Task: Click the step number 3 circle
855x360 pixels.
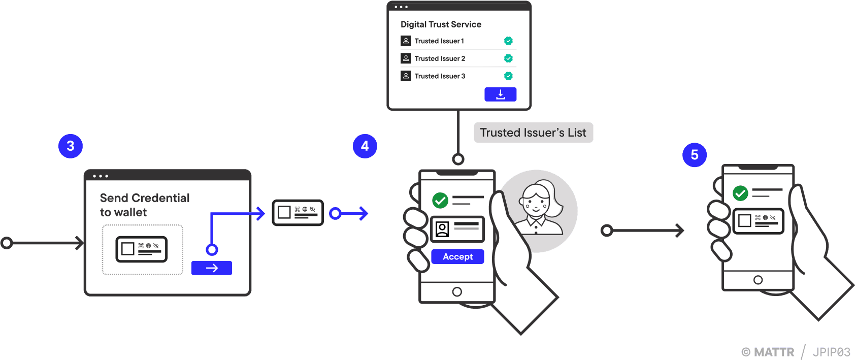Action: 71,146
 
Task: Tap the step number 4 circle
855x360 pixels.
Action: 365,146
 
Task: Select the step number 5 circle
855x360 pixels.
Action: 694,155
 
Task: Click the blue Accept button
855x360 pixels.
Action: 457,256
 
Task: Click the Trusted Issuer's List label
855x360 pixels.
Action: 533,133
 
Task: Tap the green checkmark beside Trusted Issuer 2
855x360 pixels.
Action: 508,58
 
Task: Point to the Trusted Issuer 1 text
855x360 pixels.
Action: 439,41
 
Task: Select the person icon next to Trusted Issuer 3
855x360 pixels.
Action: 406,76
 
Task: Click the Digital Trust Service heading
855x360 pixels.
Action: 441,24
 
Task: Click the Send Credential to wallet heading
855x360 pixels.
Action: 145,205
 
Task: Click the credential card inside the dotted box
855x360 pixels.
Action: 142,249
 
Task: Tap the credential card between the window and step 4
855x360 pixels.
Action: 298,212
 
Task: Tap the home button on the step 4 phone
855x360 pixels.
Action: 457,291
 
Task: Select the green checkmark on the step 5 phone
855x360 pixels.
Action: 740,193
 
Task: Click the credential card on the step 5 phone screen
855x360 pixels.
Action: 759,221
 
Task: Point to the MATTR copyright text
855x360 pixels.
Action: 768,352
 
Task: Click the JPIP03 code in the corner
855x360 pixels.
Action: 831,352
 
